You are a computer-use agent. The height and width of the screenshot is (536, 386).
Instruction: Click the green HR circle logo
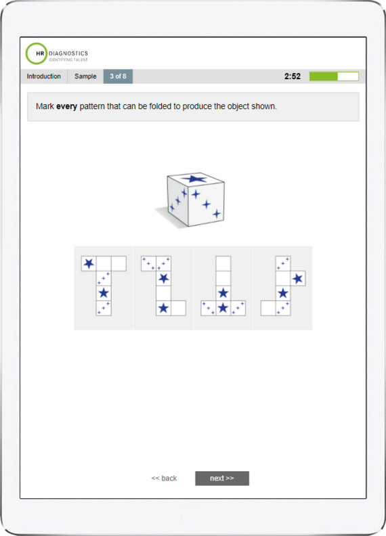click(x=37, y=53)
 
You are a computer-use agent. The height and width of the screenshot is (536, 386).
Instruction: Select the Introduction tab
click(x=43, y=76)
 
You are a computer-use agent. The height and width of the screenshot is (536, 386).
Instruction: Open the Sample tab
click(x=85, y=76)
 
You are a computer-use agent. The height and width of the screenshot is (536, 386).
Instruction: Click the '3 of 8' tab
click(x=118, y=76)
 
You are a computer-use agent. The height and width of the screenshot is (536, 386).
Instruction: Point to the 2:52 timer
click(x=293, y=76)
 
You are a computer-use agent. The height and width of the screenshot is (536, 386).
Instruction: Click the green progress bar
click(x=324, y=76)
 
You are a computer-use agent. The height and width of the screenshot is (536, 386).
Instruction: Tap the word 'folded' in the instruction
click(x=170, y=107)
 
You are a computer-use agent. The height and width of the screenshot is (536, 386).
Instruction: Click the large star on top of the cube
click(x=196, y=179)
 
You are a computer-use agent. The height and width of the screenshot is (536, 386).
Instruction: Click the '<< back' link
click(x=164, y=478)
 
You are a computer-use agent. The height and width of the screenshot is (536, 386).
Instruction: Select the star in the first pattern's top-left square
click(x=89, y=263)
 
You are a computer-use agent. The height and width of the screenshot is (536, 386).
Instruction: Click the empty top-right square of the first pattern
click(x=119, y=263)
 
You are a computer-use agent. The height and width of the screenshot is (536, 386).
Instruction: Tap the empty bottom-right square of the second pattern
click(x=178, y=308)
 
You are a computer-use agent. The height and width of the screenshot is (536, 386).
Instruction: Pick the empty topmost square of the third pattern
click(x=223, y=263)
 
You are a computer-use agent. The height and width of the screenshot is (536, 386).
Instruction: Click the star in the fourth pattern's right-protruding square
click(x=298, y=278)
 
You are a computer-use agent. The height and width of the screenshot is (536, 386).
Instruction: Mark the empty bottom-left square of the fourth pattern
click(x=268, y=308)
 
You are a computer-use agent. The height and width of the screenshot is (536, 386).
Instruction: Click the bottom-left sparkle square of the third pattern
click(x=208, y=308)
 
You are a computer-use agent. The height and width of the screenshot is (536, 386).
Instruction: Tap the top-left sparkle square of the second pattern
click(x=148, y=263)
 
